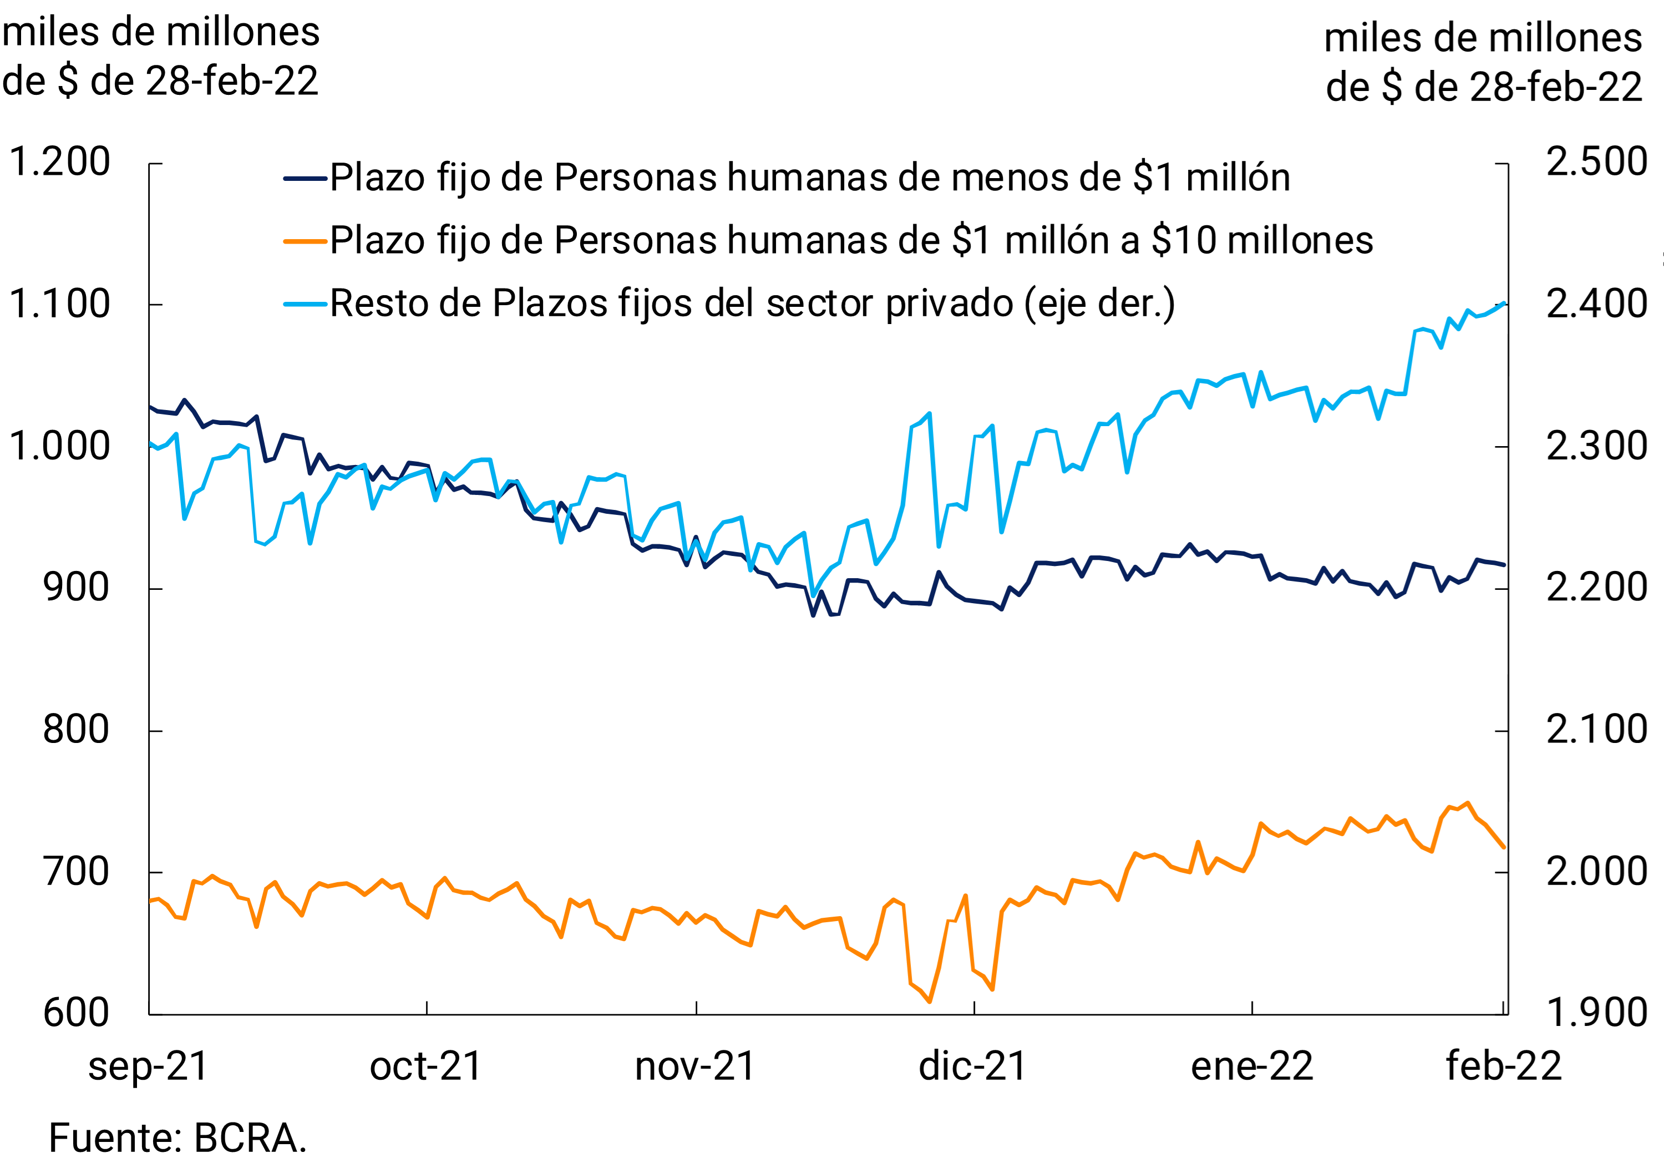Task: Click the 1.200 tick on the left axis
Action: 59,161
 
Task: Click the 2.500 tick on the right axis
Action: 1596,161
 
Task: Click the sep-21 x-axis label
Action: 149,1066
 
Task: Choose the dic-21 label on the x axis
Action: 972,1066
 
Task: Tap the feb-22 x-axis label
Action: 1504,1066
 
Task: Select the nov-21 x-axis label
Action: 695,1066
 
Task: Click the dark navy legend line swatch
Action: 305,178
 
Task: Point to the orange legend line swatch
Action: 305,241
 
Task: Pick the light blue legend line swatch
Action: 305,304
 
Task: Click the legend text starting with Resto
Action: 752,304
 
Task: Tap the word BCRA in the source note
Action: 246,1137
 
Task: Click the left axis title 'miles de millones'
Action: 161,33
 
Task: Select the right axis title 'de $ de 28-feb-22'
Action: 1484,88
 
